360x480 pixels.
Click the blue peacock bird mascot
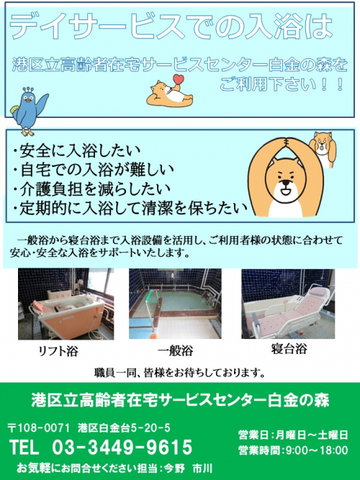coord(28,111)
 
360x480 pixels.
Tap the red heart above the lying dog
coord(179,79)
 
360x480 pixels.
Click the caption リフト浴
coord(58,350)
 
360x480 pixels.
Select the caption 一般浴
coord(175,350)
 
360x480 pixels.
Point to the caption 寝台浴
coord(289,349)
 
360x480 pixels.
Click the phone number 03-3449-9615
coord(122,447)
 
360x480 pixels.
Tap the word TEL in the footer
coord(24,447)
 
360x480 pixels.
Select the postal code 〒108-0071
coord(39,428)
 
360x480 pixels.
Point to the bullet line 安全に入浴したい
coord(76,150)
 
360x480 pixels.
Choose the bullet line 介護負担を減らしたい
coord(91,189)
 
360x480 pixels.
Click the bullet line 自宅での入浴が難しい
coord(93,170)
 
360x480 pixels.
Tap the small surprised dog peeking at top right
coord(323,149)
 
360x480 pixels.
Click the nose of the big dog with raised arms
coord(286,183)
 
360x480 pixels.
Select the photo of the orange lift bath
coord(66,304)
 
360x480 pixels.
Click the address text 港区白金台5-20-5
coord(124,428)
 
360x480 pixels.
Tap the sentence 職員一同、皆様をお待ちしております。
coord(179,373)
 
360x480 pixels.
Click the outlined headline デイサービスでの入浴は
coord(171,27)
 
